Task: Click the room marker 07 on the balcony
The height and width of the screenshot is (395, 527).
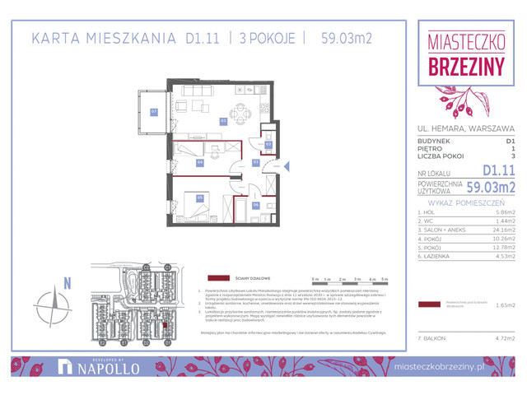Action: [153, 112]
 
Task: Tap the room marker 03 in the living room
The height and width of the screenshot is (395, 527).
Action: [222, 121]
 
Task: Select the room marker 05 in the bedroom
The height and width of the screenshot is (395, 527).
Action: [200, 197]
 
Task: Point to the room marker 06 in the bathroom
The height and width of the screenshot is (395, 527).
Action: [255, 205]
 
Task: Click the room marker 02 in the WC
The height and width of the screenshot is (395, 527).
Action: [268, 145]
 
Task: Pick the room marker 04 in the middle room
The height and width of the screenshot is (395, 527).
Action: [200, 163]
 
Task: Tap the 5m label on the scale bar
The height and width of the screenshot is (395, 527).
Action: [384, 280]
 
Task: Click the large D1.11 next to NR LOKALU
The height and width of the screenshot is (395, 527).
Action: [498, 171]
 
